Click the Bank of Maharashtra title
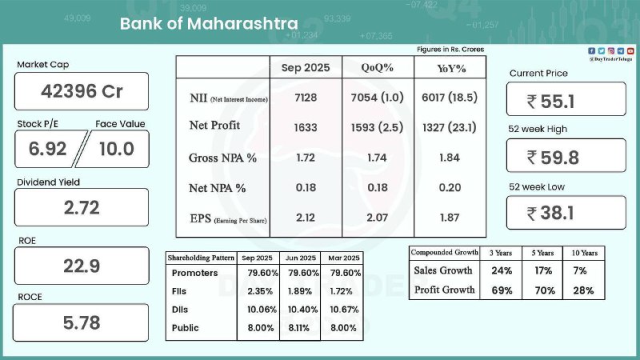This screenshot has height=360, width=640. (209, 23)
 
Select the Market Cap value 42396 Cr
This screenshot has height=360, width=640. (82, 91)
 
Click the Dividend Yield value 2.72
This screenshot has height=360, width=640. (82, 208)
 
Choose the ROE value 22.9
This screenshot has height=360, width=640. (82, 266)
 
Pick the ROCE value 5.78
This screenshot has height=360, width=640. (82, 324)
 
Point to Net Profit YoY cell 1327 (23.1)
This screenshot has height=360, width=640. (448, 126)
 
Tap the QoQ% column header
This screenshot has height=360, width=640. (377, 67)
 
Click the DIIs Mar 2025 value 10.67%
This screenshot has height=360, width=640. (347, 310)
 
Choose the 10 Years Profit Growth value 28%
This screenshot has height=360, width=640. (583, 290)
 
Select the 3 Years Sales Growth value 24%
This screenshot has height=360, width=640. (502, 270)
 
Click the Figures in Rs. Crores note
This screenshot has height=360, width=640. (450, 50)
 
